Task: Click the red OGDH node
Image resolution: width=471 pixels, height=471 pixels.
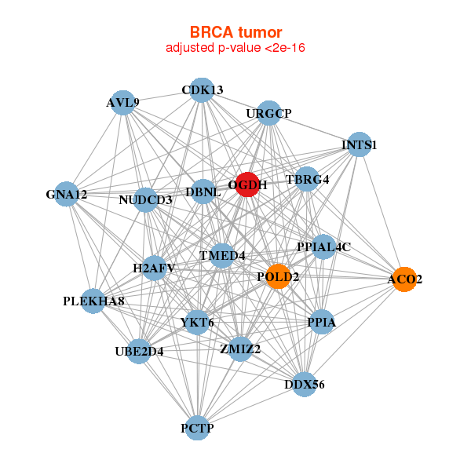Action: point(247,185)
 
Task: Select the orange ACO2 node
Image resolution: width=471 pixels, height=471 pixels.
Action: point(404,279)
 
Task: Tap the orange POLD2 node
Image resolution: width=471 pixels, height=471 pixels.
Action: point(278,276)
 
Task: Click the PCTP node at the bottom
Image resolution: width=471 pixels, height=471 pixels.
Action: point(198,428)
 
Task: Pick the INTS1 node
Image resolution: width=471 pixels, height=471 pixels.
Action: point(359,144)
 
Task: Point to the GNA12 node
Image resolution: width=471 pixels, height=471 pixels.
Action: point(67,194)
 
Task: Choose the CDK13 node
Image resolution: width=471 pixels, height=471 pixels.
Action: point(202,89)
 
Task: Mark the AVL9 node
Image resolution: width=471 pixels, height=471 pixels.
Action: point(123,102)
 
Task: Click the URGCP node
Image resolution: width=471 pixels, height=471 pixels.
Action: point(268,113)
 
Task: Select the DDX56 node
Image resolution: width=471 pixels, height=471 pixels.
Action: point(304,385)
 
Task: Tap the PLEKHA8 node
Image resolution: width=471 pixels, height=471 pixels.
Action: point(93,301)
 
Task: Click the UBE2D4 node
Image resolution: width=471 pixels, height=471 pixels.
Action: point(139,351)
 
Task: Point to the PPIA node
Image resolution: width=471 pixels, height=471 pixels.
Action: point(322,322)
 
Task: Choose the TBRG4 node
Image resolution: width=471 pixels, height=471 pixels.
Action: point(307,179)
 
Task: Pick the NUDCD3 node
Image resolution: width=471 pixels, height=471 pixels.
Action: point(146,199)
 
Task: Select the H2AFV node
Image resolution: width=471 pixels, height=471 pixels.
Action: point(154,268)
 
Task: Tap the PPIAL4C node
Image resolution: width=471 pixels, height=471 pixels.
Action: point(323,246)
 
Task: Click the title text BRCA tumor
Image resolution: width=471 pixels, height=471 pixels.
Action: point(235,32)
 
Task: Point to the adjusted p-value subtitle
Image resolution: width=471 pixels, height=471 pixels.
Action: point(235,48)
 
